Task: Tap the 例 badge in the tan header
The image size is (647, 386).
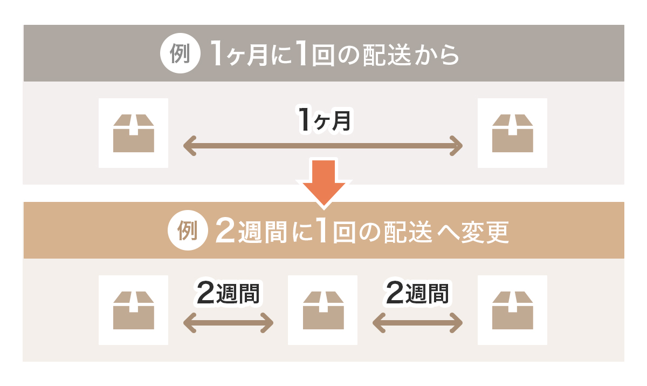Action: tap(187, 231)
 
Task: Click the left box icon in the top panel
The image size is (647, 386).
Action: tap(134, 133)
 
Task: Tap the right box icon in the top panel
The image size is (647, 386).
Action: tap(513, 133)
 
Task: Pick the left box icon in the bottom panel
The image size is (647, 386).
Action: tap(134, 310)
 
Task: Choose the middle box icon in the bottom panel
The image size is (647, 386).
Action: tap(323, 310)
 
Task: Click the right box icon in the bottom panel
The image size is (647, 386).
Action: tap(513, 310)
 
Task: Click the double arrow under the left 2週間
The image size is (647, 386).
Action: tap(229, 323)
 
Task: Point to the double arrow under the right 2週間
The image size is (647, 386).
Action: tap(418, 323)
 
